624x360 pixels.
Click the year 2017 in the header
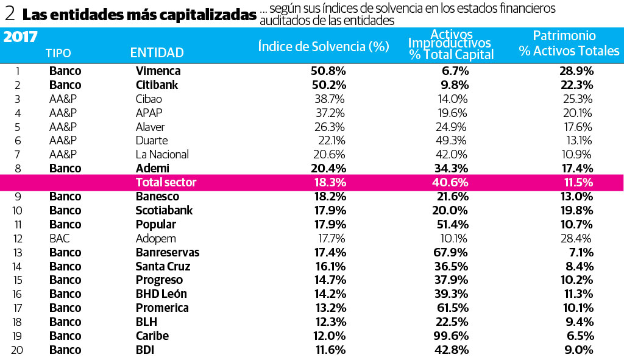21,37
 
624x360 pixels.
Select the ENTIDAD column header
157,53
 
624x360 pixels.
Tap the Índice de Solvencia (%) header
324,46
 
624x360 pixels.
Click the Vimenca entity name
158,71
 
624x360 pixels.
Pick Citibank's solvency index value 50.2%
328,85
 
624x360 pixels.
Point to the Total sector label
166,182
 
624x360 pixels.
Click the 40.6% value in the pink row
451,182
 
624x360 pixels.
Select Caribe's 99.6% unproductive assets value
450,336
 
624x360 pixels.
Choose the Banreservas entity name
167,252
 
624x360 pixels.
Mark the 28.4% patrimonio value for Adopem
576,238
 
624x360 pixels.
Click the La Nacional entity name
162,154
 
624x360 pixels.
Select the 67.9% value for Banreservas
450,252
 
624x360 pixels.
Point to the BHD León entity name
161,294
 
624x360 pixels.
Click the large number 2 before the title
10,14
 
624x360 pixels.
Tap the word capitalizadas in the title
210,15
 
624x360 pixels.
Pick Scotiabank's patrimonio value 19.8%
576,210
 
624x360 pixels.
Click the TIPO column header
58,53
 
